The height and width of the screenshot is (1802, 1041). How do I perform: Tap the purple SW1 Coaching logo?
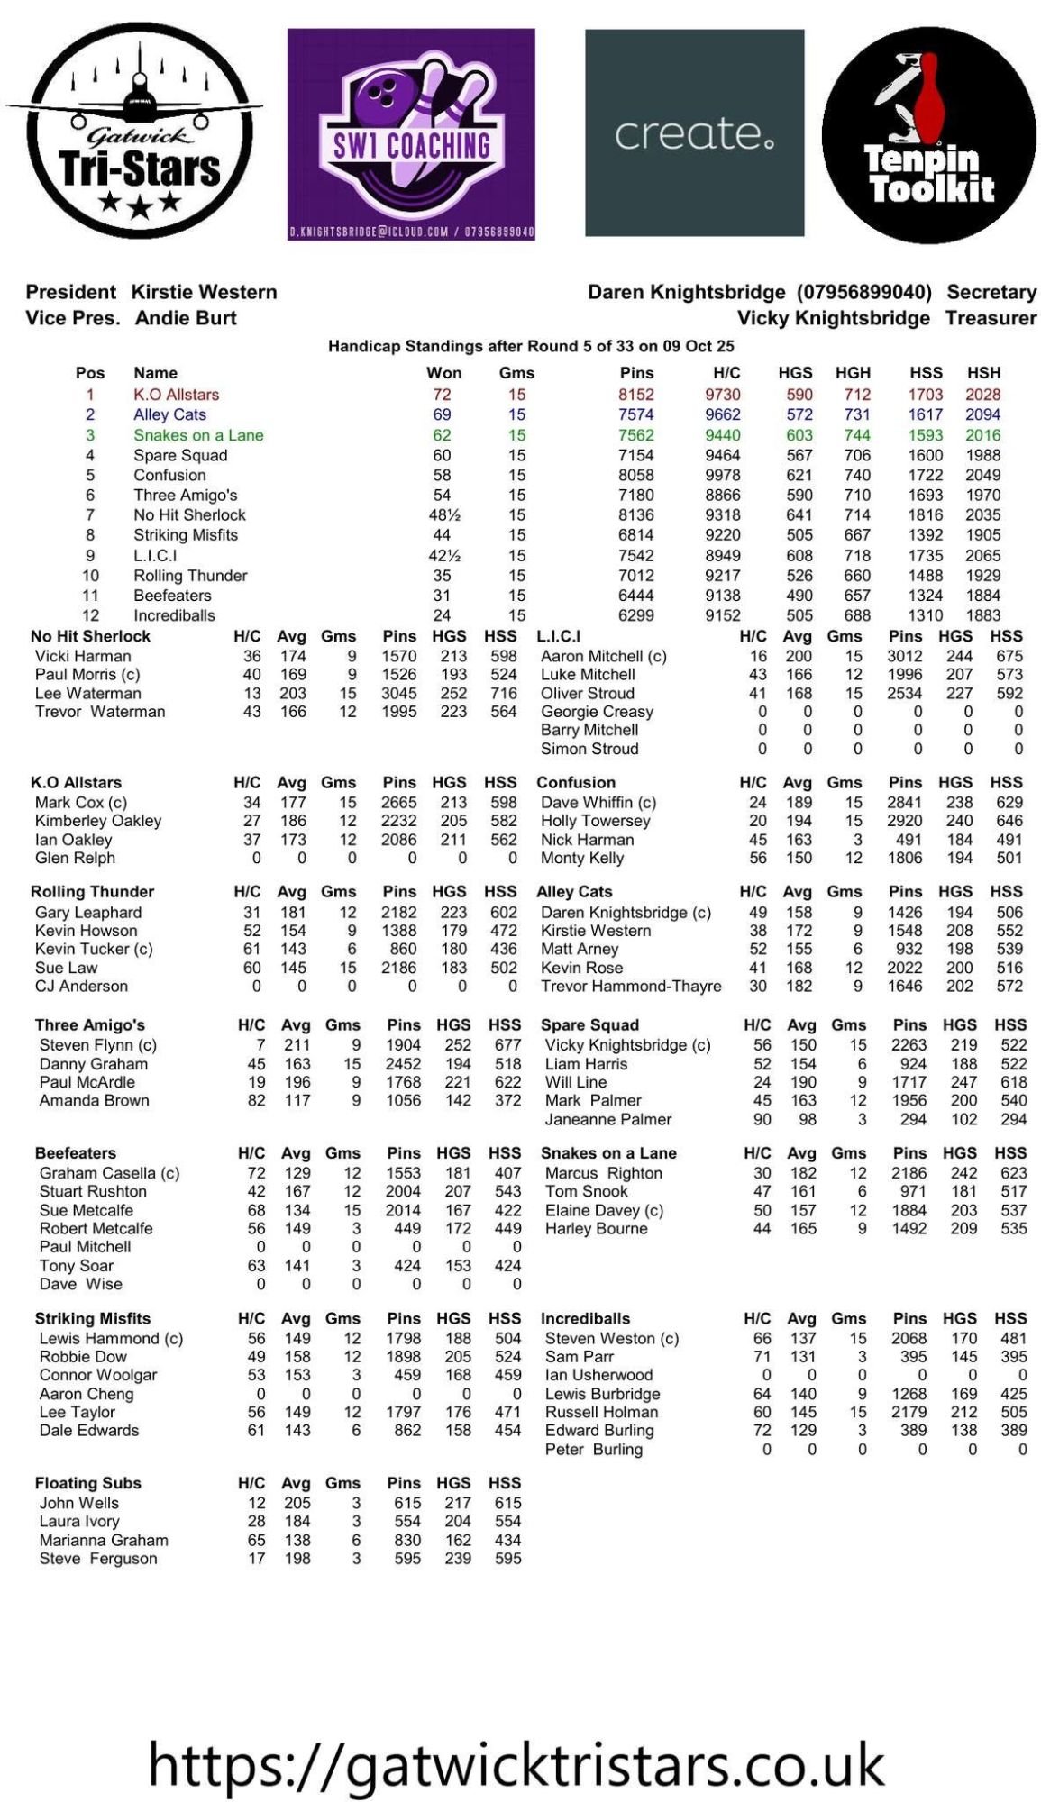(x=411, y=133)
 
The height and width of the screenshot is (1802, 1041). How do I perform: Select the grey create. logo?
(x=694, y=132)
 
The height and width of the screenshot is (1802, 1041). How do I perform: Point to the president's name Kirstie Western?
(x=204, y=292)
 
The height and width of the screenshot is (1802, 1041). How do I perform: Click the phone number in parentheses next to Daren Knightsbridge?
(x=863, y=292)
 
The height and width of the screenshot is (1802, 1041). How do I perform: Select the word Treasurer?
(x=991, y=318)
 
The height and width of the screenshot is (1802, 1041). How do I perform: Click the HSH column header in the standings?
(x=983, y=373)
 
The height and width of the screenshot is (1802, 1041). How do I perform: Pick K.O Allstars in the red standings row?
(x=176, y=395)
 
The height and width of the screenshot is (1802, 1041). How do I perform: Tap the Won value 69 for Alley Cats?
(x=442, y=414)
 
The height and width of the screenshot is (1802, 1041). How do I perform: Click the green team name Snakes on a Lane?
(x=198, y=435)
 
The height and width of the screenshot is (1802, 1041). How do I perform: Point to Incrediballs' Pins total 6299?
(x=635, y=615)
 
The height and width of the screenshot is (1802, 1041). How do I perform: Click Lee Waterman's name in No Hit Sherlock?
(x=87, y=693)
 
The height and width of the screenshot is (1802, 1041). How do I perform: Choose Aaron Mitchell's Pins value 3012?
(x=904, y=656)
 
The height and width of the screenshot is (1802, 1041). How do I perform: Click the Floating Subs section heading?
(x=87, y=1482)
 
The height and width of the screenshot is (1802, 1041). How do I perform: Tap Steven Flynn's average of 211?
(x=297, y=1045)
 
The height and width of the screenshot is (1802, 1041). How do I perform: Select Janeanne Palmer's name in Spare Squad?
(x=608, y=1119)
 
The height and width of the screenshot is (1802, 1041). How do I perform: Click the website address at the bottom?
(x=516, y=1763)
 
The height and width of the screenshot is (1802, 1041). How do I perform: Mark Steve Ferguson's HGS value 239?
(x=458, y=1559)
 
